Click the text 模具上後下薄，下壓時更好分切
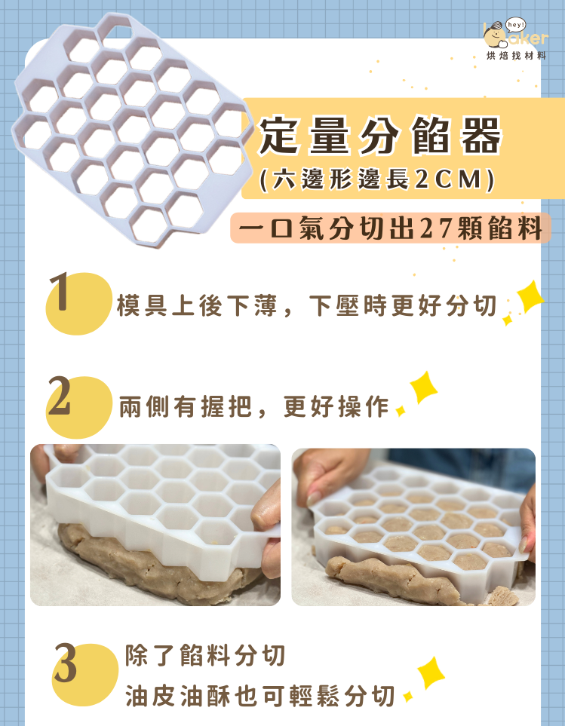point(306,306)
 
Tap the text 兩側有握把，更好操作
point(253,406)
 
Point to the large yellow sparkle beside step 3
point(431,673)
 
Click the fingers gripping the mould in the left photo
point(263,520)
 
